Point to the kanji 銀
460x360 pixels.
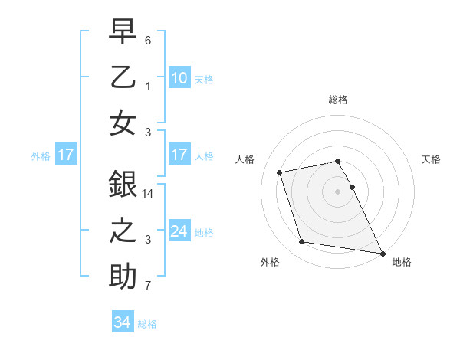pyautogui.click(x=123, y=185)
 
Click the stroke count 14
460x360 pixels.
pyautogui.click(x=149, y=195)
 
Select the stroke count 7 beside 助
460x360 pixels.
pyautogui.click(x=148, y=286)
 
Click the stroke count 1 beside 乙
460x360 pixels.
pyautogui.click(x=148, y=86)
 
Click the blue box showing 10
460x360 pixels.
pyautogui.click(x=179, y=77)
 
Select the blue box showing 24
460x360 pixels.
pyautogui.click(x=179, y=231)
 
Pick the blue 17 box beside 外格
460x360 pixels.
pyautogui.click(x=66, y=155)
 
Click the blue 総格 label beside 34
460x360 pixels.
pyautogui.click(x=147, y=324)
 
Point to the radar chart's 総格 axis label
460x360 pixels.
pyautogui.click(x=338, y=100)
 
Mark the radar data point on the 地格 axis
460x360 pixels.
pyautogui.click(x=383, y=253)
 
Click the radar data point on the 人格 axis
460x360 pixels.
pyautogui.click(x=280, y=172)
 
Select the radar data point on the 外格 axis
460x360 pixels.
pyautogui.click(x=302, y=242)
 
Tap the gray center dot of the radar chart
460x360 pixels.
pyautogui.click(x=338, y=191)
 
